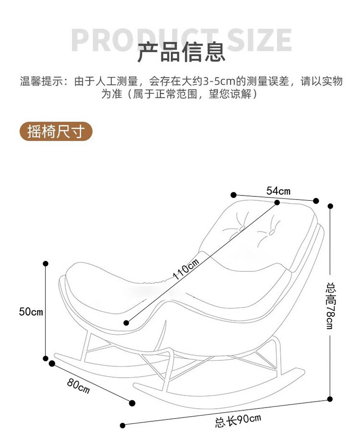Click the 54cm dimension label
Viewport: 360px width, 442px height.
point(278,191)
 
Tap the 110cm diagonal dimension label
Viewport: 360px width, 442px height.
point(186,270)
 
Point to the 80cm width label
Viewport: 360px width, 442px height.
point(79,385)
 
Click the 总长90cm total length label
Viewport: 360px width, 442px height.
point(238,420)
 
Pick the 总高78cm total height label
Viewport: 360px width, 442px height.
point(330,306)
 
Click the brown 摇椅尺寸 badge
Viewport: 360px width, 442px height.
point(56,131)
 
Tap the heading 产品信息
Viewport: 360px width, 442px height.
point(181,52)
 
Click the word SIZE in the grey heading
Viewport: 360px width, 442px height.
point(260,40)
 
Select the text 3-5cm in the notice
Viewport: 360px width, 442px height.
point(218,81)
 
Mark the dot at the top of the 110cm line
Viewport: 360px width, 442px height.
point(277,203)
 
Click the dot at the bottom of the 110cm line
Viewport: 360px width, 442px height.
point(126,323)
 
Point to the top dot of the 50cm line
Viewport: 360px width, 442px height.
point(46,263)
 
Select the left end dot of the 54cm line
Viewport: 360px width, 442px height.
point(234,195)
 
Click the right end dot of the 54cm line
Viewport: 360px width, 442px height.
point(316,201)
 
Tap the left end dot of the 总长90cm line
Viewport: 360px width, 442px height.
point(122,425)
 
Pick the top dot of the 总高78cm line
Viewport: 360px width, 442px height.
point(330,206)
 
